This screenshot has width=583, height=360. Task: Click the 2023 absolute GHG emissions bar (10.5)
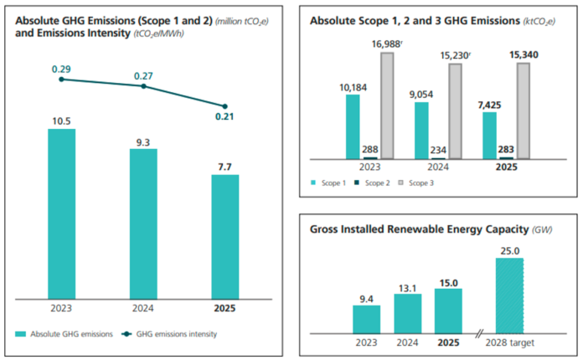click(x=61, y=213)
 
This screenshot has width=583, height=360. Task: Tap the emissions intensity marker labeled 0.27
click(x=143, y=86)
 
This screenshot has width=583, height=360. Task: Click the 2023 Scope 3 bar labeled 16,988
click(x=387, y=105)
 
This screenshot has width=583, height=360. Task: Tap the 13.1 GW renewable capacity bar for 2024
click(x=407, y=312)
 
